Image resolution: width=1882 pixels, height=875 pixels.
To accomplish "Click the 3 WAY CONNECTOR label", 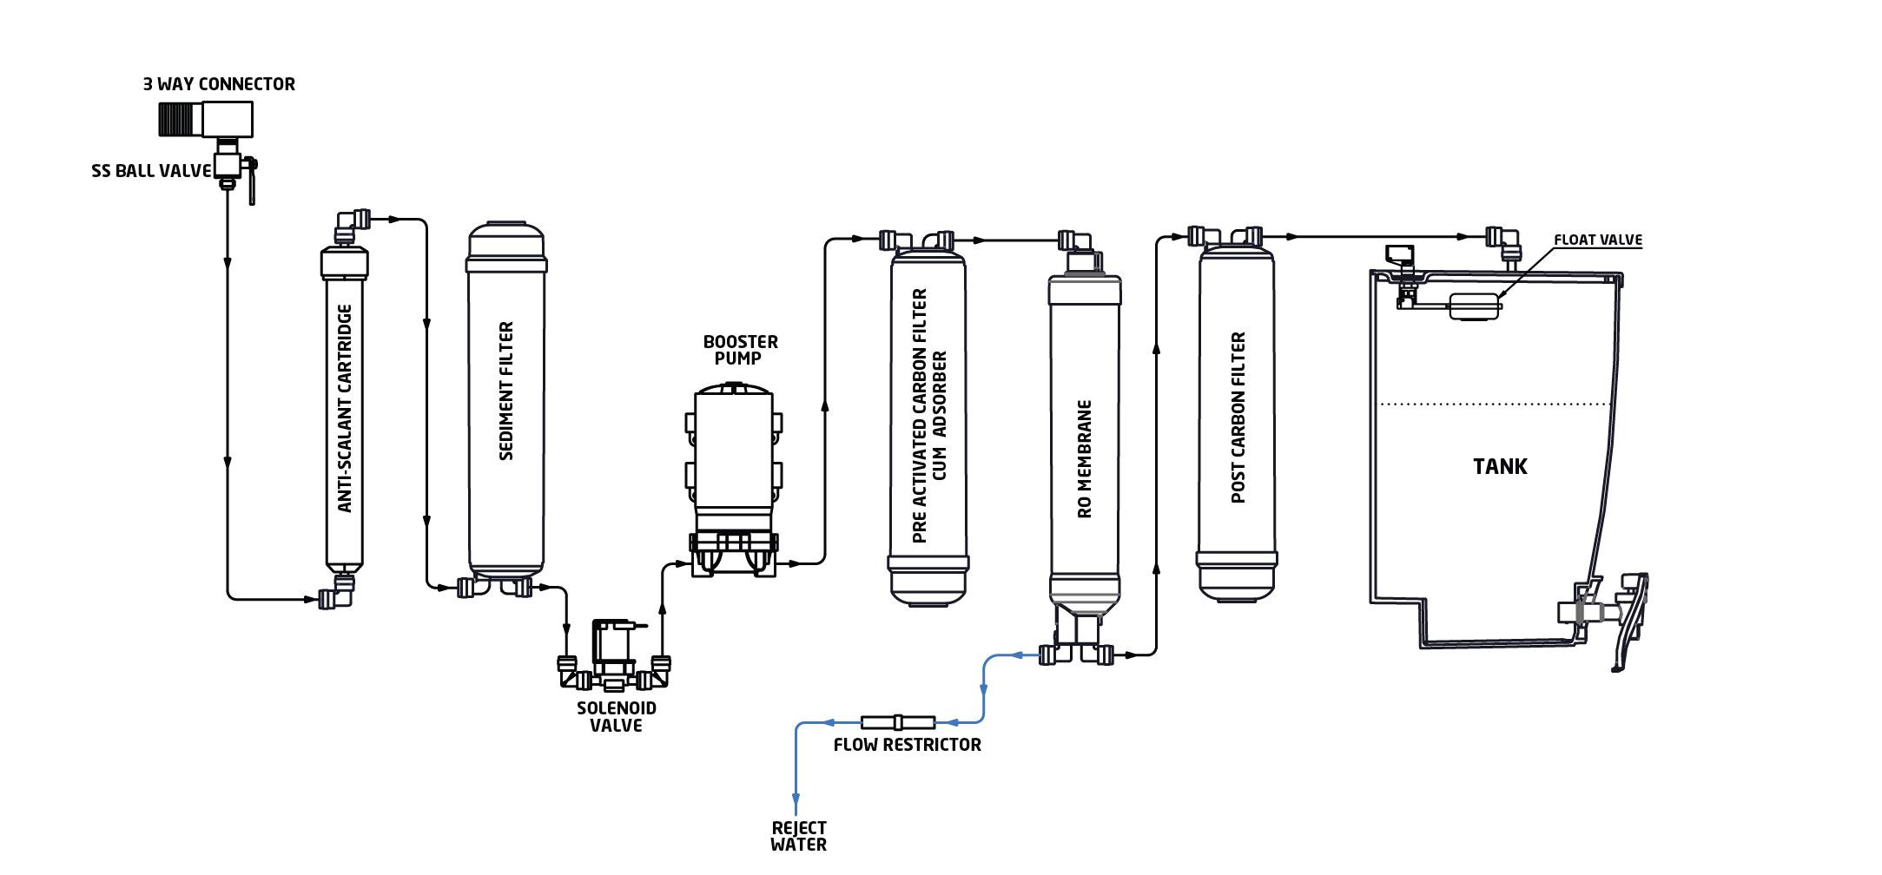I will coord(219,84).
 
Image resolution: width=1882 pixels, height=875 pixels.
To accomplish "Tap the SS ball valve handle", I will coord(252,182).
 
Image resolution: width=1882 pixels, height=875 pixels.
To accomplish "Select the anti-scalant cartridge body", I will coord(345,408).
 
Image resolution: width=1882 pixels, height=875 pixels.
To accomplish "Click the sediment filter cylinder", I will coord(506,399).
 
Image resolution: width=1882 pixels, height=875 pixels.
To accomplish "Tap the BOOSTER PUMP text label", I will coord(740,350).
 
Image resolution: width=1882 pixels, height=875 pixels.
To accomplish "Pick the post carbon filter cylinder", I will coord(1237,417).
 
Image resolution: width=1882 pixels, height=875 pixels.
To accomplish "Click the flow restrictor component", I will coord(898,722).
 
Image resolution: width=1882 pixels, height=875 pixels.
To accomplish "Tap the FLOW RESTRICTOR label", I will coord(907,745).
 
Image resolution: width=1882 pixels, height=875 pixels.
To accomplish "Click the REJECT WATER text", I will coord(798,836).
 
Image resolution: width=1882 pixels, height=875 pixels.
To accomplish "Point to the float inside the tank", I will coord(1475,306).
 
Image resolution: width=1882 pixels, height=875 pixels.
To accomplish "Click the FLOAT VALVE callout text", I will coord(1597,240).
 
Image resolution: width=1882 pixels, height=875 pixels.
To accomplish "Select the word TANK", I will coord(1500,466).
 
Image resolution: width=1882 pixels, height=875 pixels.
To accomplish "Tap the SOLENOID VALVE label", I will coord(616,717).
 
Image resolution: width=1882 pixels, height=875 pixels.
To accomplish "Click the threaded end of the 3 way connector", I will coord(180,119).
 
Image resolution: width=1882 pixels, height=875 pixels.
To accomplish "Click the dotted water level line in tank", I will coord(1494,404).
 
